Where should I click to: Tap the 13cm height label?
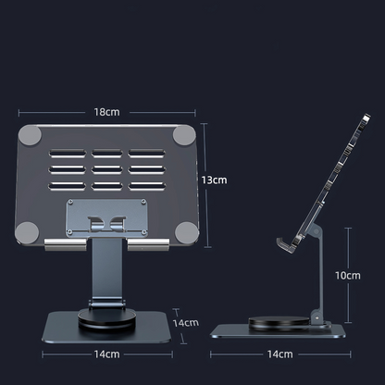(x=215, y=180)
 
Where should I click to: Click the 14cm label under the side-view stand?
(x=280, y=354)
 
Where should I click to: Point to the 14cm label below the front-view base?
(x=107, y=354)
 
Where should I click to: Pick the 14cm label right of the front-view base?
(x=188, y=322)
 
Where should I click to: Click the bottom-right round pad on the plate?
(x=186, y=231)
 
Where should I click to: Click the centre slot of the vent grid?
(x=108, y=170)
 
